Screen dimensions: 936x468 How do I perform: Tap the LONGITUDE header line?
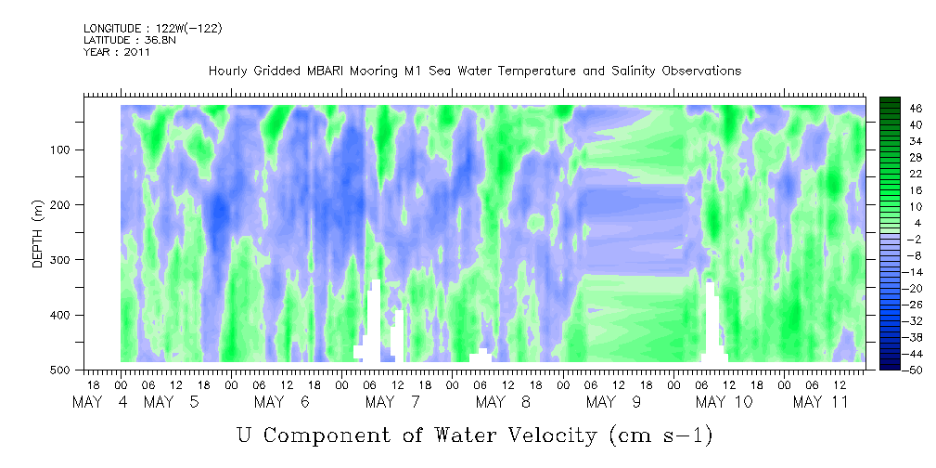[x=153, y=28]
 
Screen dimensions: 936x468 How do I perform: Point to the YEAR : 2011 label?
[x=116, y=52]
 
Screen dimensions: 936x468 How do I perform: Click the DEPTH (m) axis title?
[x=38, y=233]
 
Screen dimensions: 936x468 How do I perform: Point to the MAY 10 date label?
[x=724, y=402]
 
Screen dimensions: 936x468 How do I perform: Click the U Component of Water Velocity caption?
[x=475, y=435]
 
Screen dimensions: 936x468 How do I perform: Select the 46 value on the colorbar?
[x=899, y=109]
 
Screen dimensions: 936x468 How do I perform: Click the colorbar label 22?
[x=899, y=176]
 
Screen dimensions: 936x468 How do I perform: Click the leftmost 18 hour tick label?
[x=94, y=385]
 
